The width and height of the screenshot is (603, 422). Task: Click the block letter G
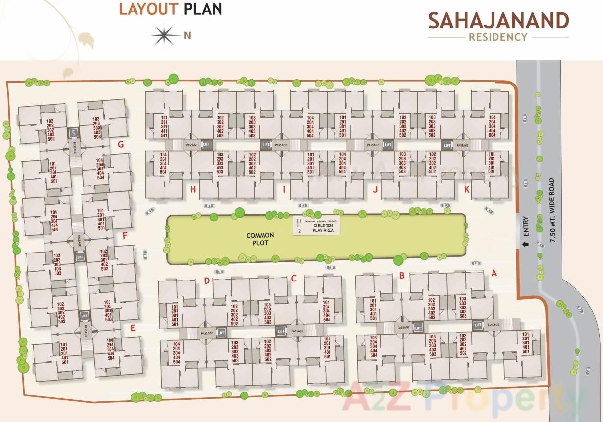click(120, 144)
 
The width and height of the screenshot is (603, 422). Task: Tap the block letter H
click(194, 190)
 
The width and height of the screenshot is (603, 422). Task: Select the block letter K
click(467, 190)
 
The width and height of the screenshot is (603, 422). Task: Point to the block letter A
click(494, 273)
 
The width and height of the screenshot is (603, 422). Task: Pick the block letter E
click(133, 329)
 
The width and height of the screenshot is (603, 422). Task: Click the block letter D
click(207, 281)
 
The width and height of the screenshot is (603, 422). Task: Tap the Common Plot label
click(260, 239)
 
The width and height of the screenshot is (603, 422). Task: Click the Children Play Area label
click(323, 227)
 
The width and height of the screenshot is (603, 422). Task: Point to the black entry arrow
click(526, 244)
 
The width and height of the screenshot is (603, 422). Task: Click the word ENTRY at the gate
click(526, 225)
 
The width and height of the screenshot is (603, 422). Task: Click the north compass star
click(166, 35)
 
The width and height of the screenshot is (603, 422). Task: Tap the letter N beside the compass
click(187, 35)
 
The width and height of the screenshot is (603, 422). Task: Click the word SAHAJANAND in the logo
click(498, 21)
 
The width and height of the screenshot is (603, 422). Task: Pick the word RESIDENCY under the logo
click(498, 37)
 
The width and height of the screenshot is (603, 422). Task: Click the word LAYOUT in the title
click(148, 9)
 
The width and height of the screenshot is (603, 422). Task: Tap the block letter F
click(125, 236)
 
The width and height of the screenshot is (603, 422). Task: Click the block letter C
click(294, 279)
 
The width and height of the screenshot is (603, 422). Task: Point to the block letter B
click(402, 276)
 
